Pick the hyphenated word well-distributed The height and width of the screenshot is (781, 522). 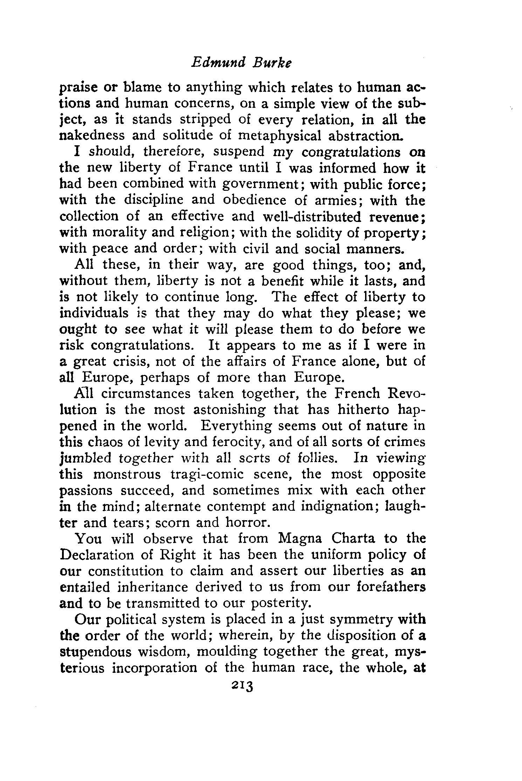[x=313, y=216]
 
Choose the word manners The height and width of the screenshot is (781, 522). [x=375, y=249]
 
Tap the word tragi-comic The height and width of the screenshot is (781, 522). [x=207, y=474]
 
